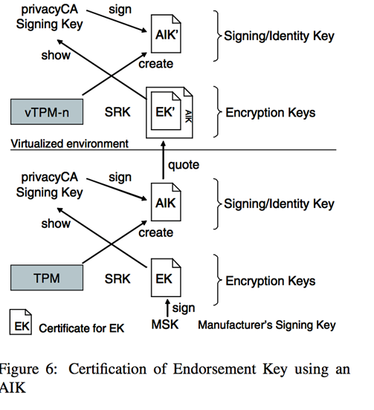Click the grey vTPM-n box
pos(47,111)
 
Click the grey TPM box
pos(47,278)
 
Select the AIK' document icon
pos(166,33)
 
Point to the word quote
pos(184,165)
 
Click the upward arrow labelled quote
pos(164,160)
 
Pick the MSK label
pos(165,325)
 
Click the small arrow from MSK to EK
pos(167,308)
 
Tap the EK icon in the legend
pos(21,322)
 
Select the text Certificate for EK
pos(81,328)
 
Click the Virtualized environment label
pos(70,143)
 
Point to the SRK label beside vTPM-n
pos(117,112)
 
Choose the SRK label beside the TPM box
pos(117,279)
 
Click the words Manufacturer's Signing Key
pos(267,325)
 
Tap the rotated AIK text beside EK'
pos(188,117)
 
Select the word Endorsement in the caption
pos(215,369)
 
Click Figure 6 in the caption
pos(28,369)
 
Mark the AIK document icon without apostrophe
pos(166,202)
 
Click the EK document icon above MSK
pos(166,278)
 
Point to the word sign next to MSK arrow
pos(184,308)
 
